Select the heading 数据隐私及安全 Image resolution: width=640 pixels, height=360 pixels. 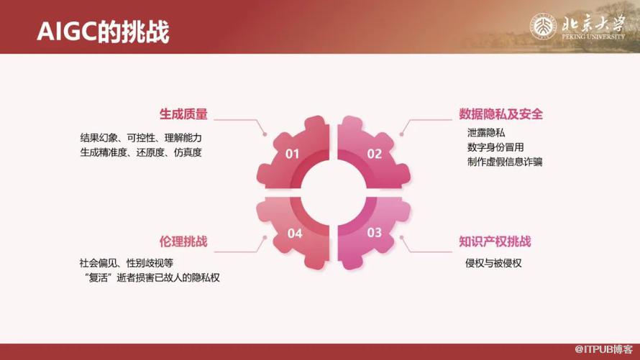[500, 114]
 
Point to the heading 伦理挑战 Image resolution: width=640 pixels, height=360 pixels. [183, 241]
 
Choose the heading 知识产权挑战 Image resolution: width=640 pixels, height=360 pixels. [495, 241]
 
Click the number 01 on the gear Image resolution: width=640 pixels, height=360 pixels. [292, 153]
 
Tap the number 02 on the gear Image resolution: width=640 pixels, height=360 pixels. [374, 153]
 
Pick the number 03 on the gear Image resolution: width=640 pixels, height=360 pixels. [374, 232]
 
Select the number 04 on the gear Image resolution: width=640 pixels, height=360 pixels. [294, 232]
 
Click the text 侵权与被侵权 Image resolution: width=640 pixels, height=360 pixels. [493, 263]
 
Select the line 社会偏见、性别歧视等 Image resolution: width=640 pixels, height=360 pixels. [126, 263]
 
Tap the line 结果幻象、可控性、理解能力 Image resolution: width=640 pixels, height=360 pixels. [140, 137]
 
